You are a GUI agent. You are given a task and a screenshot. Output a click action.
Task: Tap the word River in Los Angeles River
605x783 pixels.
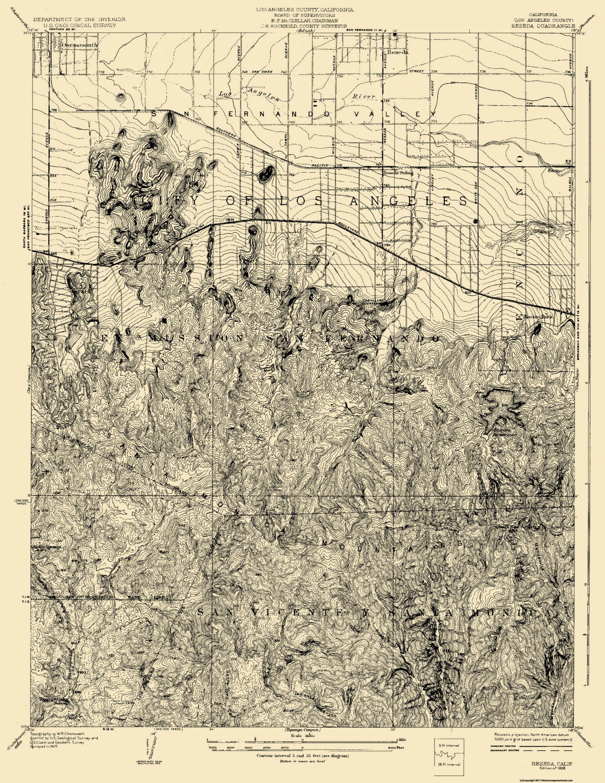click(364, 96)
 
